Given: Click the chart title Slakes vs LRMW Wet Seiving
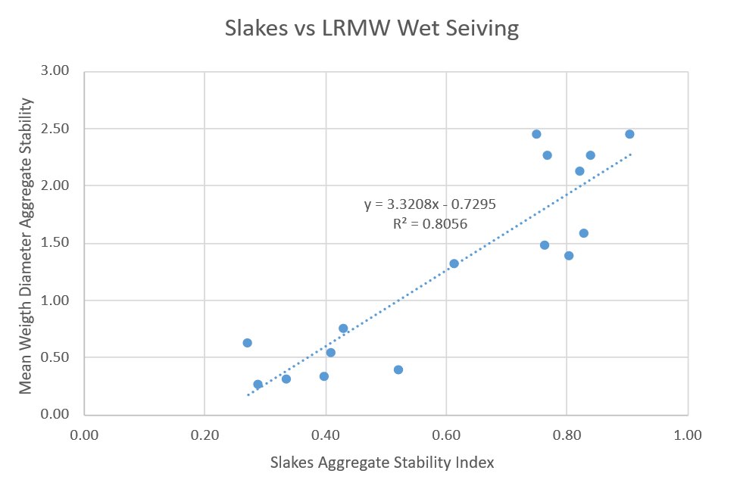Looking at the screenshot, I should pos(372,30).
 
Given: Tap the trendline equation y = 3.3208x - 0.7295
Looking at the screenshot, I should pos(429,204).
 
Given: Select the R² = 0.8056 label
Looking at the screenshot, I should pos(429,224).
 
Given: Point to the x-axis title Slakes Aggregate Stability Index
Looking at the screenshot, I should pos(386,462).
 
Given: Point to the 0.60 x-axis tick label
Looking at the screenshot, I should pos(446,435).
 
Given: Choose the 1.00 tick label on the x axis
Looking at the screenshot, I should pos(688,435).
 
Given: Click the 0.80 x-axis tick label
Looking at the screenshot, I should pos(567,435).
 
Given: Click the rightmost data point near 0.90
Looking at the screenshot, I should pos(629,134).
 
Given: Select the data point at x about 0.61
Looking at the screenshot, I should pos(454,263).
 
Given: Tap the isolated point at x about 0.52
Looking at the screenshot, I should pos(398,369).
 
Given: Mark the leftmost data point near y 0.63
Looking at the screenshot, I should pos(247,343).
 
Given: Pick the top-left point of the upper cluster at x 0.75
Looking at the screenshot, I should pos(536,134).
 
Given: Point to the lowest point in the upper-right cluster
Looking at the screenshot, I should pos(569,255).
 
